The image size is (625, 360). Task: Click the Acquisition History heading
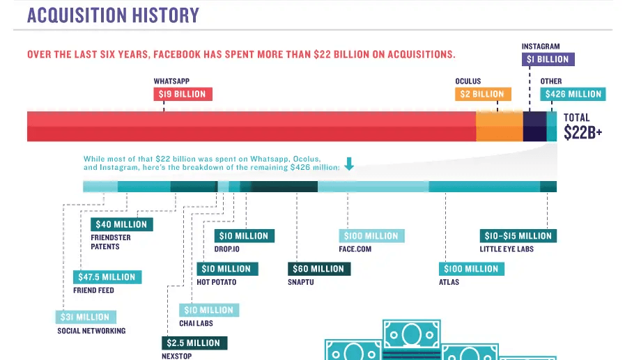coord(113,15)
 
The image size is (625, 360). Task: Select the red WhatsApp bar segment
coord(251,126)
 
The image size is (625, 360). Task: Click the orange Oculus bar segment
coord(499,126)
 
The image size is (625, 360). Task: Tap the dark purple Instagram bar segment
coord(534,126)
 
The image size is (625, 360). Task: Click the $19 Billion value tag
coord(183,94)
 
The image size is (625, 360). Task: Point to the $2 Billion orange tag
coord(483,94)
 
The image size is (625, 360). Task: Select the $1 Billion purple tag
coord(548,59)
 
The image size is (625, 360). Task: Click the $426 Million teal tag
coord(573,94)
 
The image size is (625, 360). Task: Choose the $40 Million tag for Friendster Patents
coord(122,224)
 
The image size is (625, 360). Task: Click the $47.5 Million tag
coord(107,276)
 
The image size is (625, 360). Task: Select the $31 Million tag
coord(84,317)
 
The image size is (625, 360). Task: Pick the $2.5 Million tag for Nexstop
coord(194,343)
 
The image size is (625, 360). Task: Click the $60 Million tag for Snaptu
coord(318,269)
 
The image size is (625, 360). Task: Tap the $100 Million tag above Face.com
coord(371,236)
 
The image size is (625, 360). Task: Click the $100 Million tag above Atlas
coord(472,269)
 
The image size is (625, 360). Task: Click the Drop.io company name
coord(218,249)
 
